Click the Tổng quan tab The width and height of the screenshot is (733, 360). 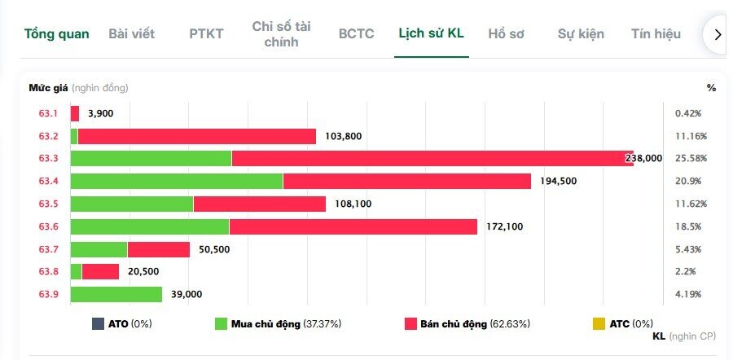[x=56, y=33]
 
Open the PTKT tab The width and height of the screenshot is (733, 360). [x=206, y=33]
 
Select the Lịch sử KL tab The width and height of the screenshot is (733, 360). [x=431, y=33]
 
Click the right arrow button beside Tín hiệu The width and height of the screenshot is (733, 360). [x=718, y=34]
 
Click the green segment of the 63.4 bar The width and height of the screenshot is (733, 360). [x=177, y=181]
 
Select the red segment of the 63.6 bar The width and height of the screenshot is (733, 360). [x=353, y=226]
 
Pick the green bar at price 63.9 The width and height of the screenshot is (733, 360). [x=116, y=294]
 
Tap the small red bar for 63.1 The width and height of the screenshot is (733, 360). [x=75, y=113]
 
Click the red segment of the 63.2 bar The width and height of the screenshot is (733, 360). [x=196, y=136]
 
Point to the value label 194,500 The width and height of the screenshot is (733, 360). [x=558, y=181]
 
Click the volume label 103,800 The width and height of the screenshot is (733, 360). [x=343, y=136]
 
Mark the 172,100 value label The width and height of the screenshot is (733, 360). [x=504, y=226]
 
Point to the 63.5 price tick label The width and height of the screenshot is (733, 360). [x=49, y=204]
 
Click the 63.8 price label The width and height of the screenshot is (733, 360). [x=49, y=271]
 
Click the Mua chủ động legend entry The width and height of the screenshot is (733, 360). [x=277, y=323]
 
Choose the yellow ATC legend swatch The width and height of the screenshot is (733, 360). [x=599, y=323]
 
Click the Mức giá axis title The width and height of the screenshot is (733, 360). [x=48, y=87]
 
